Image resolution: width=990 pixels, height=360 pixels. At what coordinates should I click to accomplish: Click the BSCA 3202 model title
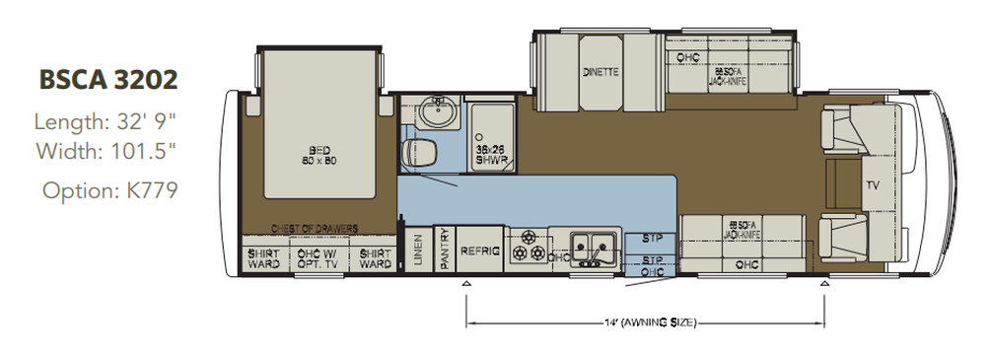click(107, 80)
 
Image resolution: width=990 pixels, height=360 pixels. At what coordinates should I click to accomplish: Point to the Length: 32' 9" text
click(106, 123)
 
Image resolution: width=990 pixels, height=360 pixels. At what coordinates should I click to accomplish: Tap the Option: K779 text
click(108, 189)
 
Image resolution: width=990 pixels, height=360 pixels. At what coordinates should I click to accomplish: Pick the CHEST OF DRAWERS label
click(315, 228)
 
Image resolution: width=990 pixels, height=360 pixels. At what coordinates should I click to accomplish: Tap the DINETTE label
click(601, 72)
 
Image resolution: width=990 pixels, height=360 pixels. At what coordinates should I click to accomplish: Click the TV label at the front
click(871, 184)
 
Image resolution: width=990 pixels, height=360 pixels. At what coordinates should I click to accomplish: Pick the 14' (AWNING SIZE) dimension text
click(646, 323)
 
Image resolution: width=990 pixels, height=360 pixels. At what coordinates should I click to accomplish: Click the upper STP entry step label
click(652, 238)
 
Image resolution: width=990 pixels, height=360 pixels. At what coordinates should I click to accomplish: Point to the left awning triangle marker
click(466, 283)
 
